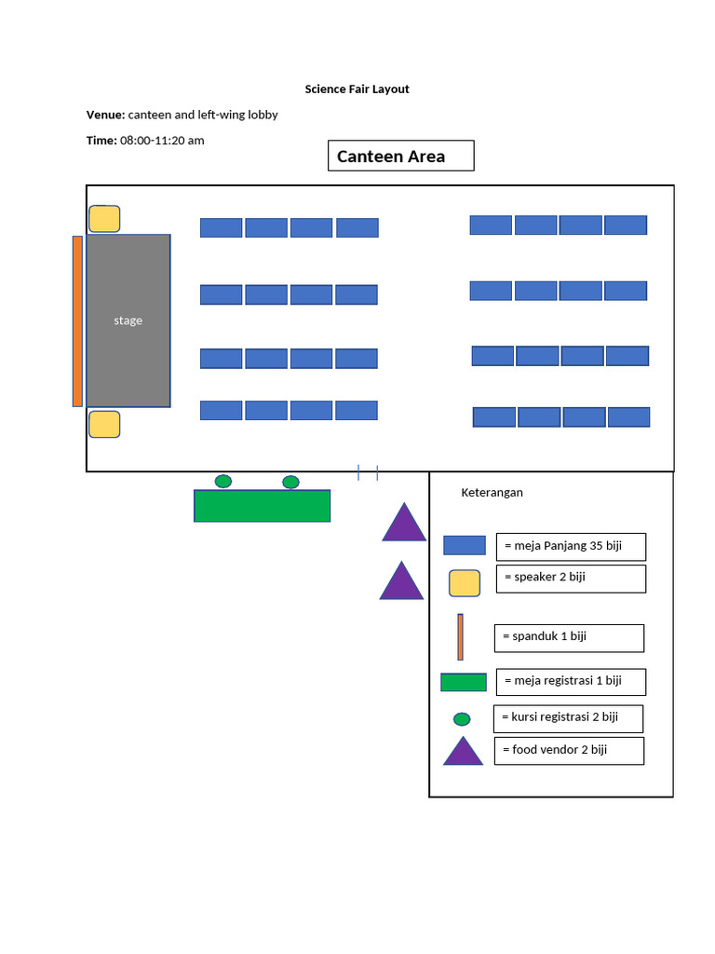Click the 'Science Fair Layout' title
pyautogui.click(x=357, y=89)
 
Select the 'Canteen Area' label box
pyautogui.click(x=400, y=157)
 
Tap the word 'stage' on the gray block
pyautogui.click(x=128, y=320)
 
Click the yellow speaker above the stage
pyautogui.click(x=104, y=219)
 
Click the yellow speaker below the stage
pyautogui.click(x=104, y=424)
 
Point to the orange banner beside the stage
pyautogui.click(x=77, y=320)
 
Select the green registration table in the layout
pyautogui.click(x=262, y=506)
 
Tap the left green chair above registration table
pyautogui.click(x=223, y=481)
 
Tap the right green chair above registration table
pyautogui.click(x=290, y=482)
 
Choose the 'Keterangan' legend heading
pyautogui.click(x=492, y=493)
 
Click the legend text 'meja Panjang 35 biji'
pyautogui.click(x=568, y=546)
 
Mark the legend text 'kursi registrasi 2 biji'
pyautogui.click(x=564, y=717)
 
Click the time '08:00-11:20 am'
pyautogui.click(x=162, y=141)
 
